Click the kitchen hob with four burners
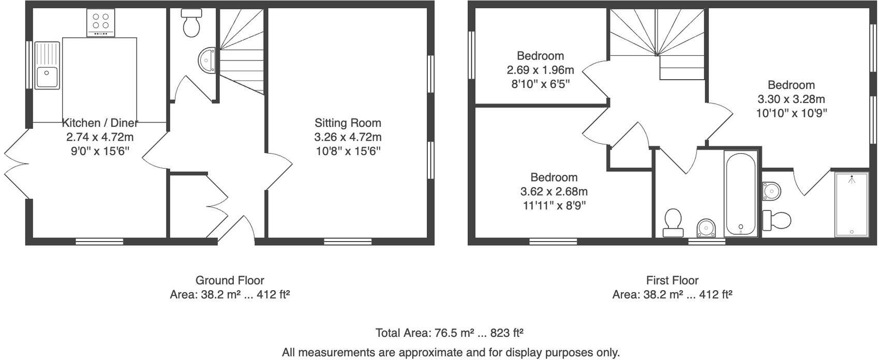[101, 23]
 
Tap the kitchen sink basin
[47, 77]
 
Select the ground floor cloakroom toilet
[191, 24]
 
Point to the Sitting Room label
[348, 123]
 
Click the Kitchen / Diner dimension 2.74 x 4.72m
[100, 137]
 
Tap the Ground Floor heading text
[230, 280]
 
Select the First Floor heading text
[672, 280]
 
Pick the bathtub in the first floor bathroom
[741, 193]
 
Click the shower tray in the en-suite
[851, 205]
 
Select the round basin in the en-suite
[770, 191]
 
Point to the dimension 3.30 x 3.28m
[791, 99]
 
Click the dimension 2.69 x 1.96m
[540, 70]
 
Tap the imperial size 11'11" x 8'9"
[554, 205]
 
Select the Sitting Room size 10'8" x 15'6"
[348, 151]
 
